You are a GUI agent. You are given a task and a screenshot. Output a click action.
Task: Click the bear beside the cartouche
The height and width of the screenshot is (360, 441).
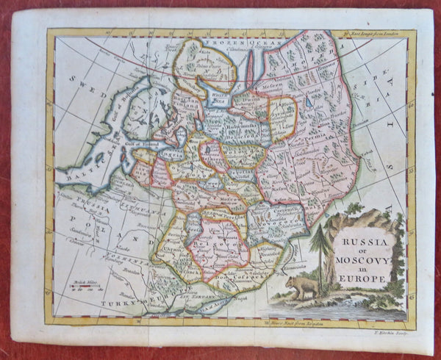(304, 285)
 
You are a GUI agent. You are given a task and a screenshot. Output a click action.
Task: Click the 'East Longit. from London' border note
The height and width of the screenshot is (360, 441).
(371, 33)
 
